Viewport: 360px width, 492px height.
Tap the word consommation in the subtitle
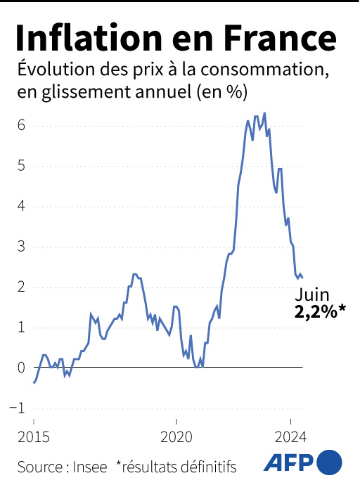274,71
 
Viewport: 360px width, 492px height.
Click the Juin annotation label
313,294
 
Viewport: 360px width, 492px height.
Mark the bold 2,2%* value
321,312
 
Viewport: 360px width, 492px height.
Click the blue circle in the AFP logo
330,462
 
